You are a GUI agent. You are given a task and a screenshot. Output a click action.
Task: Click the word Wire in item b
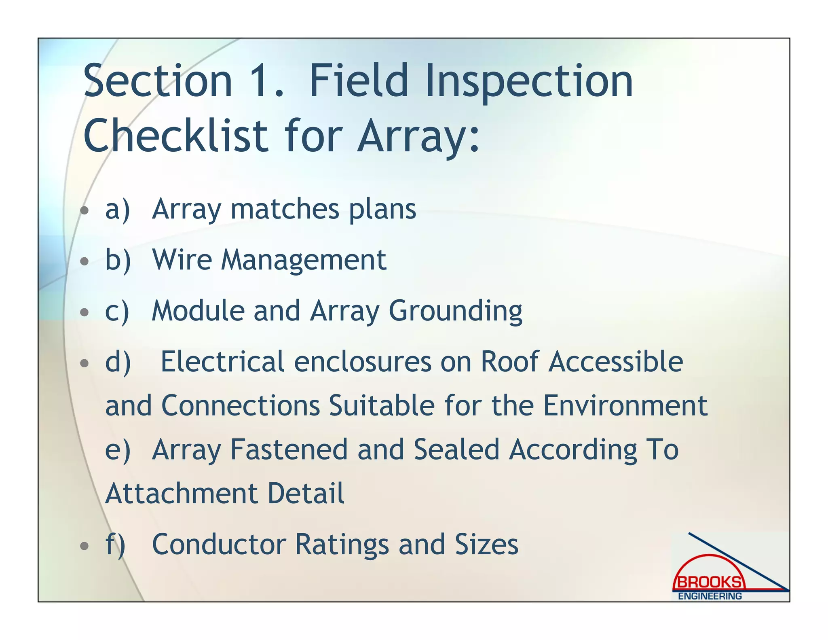(182, 260)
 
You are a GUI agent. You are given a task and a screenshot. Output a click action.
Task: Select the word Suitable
(382, 406)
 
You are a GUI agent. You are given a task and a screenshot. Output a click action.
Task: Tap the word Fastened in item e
(289, 449)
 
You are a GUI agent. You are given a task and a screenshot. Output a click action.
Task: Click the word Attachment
(181, 494)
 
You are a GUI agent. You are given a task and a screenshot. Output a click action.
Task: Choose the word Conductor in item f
(219, 545)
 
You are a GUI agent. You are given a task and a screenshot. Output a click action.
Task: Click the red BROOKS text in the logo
(709, 582)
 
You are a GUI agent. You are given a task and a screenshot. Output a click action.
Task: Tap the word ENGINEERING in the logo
(710, 596)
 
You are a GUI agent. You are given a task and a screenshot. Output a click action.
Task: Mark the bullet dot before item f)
(84, 547)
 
